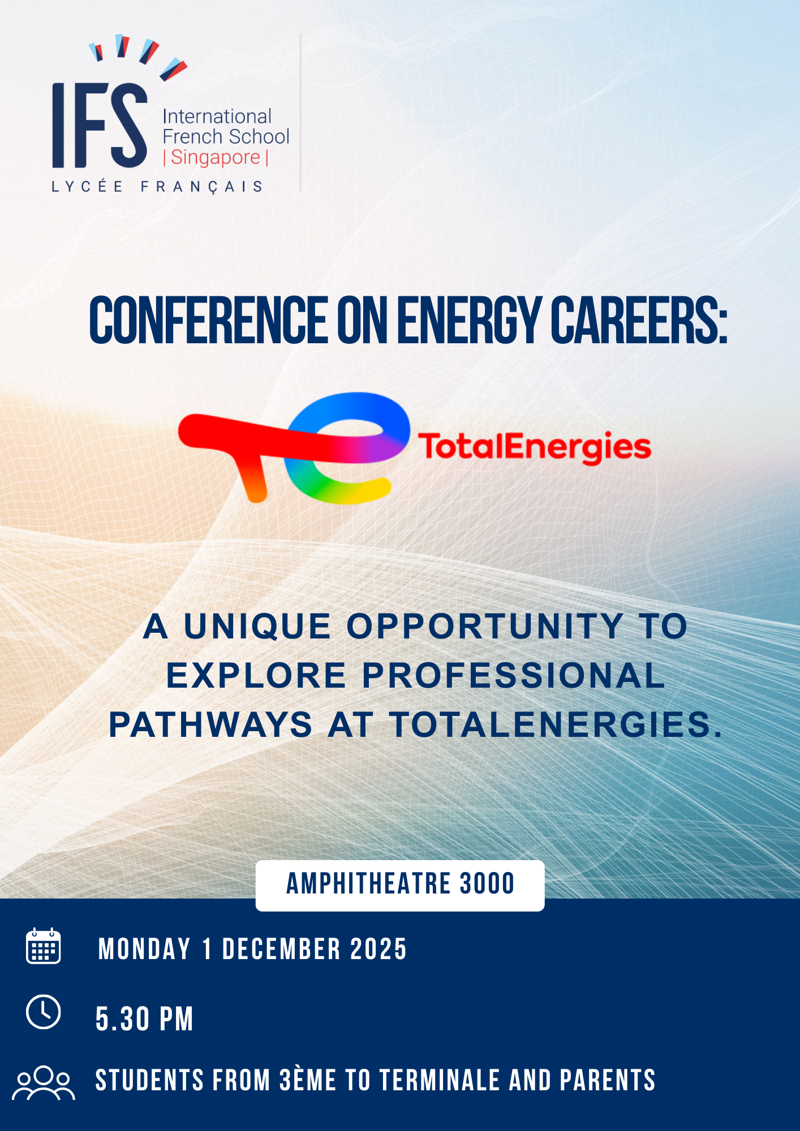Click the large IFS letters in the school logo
pyautogui.click(x=100, y=126)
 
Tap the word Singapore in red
pyautogui.click(x=216, y=157)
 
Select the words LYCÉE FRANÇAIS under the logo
pyautogui.click(x=157, y=187)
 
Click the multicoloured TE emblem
pyautogui.click(x=294, y=447)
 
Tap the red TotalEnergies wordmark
pyautogui.click(x=535, y=447)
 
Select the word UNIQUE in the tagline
pyautogui.click(x=257, y=627)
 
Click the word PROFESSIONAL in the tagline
pyautogui.click(x=513, y=675)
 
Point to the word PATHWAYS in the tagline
pyautogui.click(x=210, y=724)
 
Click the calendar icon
pyautogui.click(x=44, y=946)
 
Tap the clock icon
pyautogui.click(x=44, y=1012)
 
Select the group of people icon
pyautogui.click(x=44, y=1082)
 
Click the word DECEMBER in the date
pyautogui.click(x=282, y=949)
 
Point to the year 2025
pyautogui.click(x=379, y=949)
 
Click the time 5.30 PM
pyautogui.click(x=144, y=1020)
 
